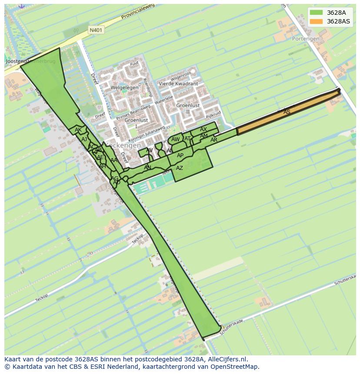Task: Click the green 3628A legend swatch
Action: (x=317, y=13)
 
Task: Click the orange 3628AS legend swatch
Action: (x=317, y=21)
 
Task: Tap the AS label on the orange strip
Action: (x=287, y=112)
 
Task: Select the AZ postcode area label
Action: (x=180, y=168)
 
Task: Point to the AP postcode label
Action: (x=180, y=156)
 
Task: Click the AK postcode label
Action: (x=78, y=130)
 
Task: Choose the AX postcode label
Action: (x=203, y=129)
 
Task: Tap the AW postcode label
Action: (x=175, y=139)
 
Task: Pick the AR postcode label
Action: (x=214, y=140)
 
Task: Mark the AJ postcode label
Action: (x=84, y=139)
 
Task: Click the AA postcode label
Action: (x=114, y=160)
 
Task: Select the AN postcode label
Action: (x=147, y=168)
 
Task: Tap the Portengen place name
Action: (x=305, y=39)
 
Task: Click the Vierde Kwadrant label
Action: (x=178, y=84)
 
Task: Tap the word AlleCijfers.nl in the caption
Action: (x=226, y=360)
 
